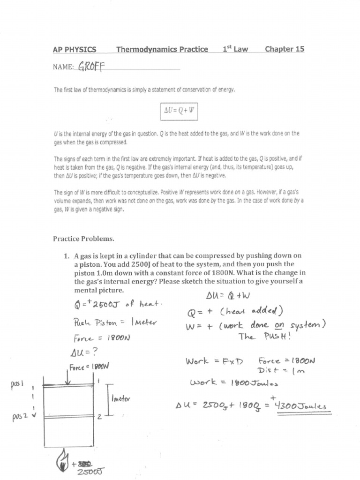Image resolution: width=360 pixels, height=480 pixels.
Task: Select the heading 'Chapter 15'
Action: coord(284,49)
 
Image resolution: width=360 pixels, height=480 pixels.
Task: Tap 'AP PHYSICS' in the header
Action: coord(75,49)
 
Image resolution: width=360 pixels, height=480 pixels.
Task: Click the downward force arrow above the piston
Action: coord(69,379)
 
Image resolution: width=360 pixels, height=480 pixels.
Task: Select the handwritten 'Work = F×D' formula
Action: coord(214,361)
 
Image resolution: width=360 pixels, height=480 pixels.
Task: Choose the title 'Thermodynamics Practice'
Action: coord(162,49)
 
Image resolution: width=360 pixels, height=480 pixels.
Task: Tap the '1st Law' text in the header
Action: coord(235,49)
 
